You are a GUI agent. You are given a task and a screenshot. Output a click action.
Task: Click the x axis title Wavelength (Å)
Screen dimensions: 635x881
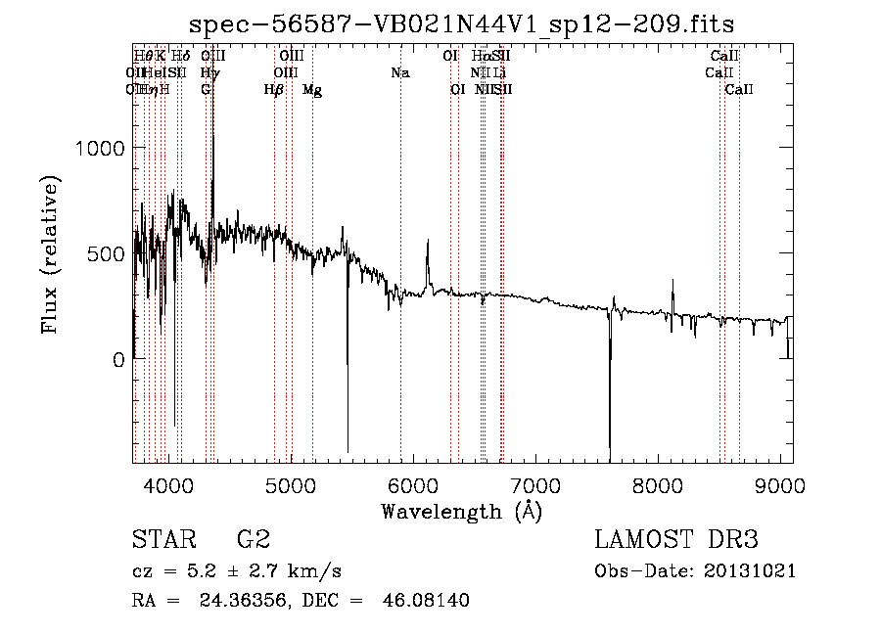coord(461,511)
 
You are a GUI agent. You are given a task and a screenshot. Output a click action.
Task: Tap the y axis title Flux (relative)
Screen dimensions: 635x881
coord(49,253)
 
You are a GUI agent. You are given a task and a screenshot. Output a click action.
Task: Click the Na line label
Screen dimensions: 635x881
coord(399,72)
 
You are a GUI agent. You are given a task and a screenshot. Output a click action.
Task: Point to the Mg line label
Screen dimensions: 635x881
coord(312,90)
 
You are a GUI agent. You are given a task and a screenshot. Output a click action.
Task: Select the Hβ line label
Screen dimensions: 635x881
coord(274,90)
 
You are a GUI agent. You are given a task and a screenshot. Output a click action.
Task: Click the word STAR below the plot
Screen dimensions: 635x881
coord(163,540)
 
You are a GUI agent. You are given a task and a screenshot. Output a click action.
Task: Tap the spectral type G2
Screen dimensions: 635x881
coord(254,540)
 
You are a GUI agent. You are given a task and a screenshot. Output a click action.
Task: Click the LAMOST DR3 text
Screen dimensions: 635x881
coord(675,540)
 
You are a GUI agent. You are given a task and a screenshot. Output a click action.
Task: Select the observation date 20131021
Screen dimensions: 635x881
coord(749,571)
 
